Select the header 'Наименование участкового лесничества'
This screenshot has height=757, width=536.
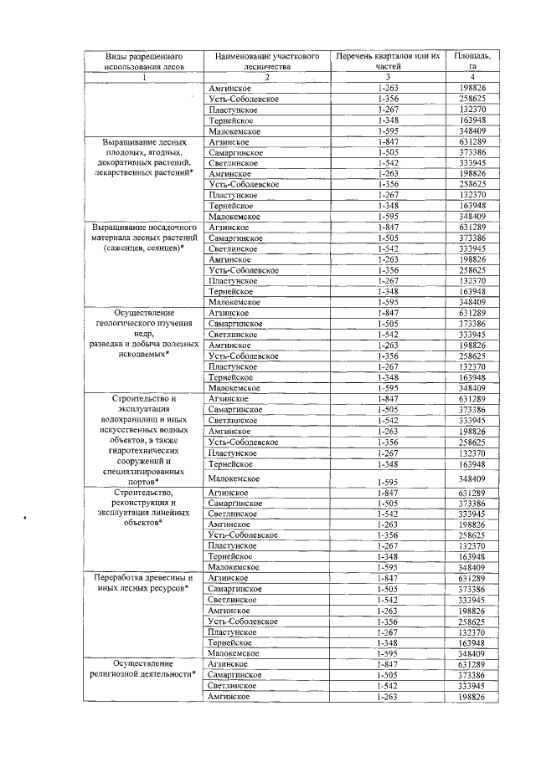pyautogui.click(x=265, y=60)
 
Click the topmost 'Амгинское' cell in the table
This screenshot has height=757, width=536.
pyautogui.click(x=225, y=88)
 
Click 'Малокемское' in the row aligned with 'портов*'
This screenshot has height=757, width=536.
pyautogui.click(x=234, y=478)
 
